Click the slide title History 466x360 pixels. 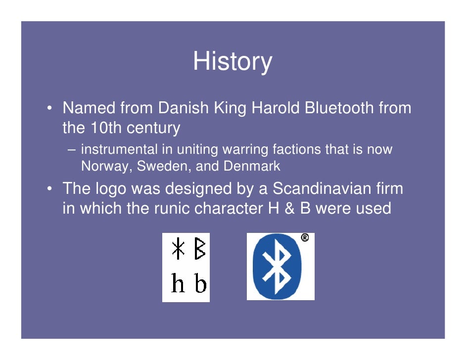click(x=233, y=61)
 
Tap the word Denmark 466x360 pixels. click(x=252, y=166)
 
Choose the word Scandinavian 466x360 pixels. click(x=338, y=188)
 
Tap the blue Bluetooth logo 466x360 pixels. click(x=278, y=267)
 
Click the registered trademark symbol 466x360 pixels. click(x=305, y=238)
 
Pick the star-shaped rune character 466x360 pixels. click(x=178, y=249)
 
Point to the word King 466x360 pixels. click(x=230, y=108)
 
